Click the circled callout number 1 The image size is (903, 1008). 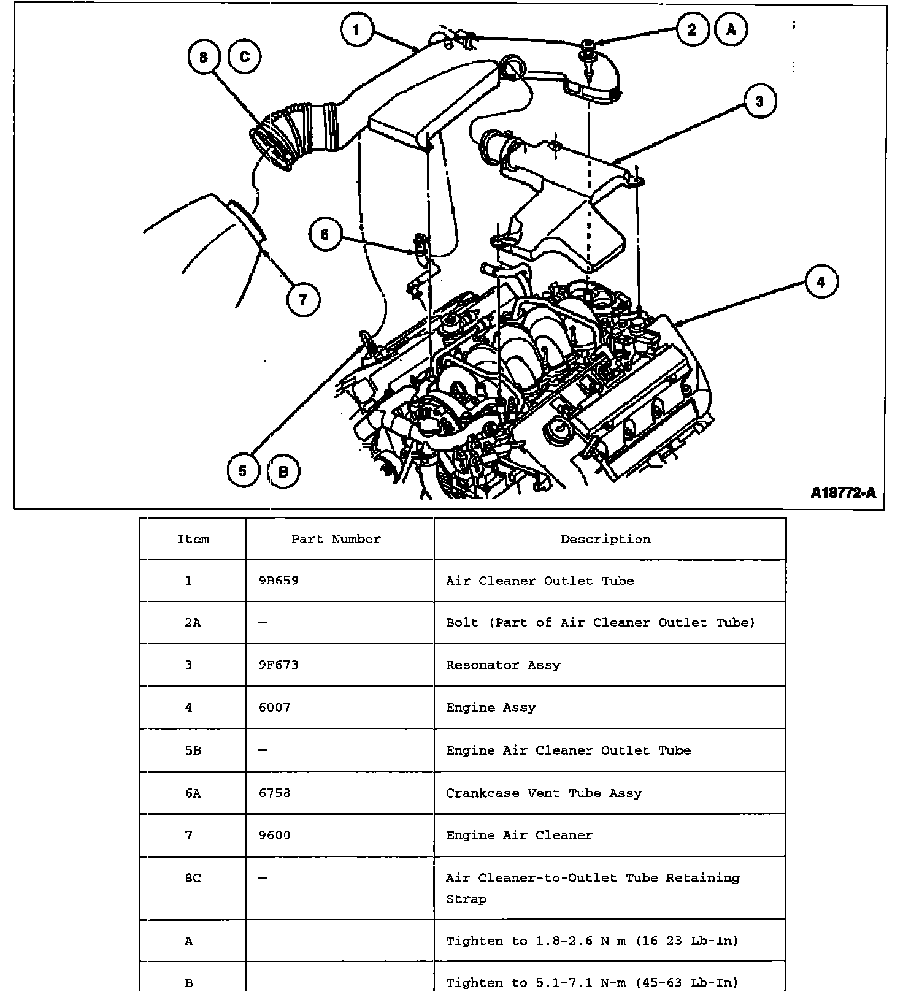356,29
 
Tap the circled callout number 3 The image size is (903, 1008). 759,101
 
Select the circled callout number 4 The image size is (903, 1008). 820,281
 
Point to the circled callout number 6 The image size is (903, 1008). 325,234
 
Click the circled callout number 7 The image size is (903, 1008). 302,300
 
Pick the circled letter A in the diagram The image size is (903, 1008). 730,29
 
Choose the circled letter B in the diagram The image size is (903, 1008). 283,471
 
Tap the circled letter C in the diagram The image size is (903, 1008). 244,57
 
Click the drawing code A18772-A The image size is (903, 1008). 843,493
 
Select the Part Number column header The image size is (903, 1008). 336,539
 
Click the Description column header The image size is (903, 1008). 605,539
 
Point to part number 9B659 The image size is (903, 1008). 279,581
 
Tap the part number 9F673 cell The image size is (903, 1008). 279,665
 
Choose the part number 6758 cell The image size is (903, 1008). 274,793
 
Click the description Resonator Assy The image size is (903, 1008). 503,665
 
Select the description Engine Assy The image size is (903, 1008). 491,708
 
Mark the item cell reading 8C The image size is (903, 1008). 193,878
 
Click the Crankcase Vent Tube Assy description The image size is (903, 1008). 544,793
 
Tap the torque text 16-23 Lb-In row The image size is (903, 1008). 592,941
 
